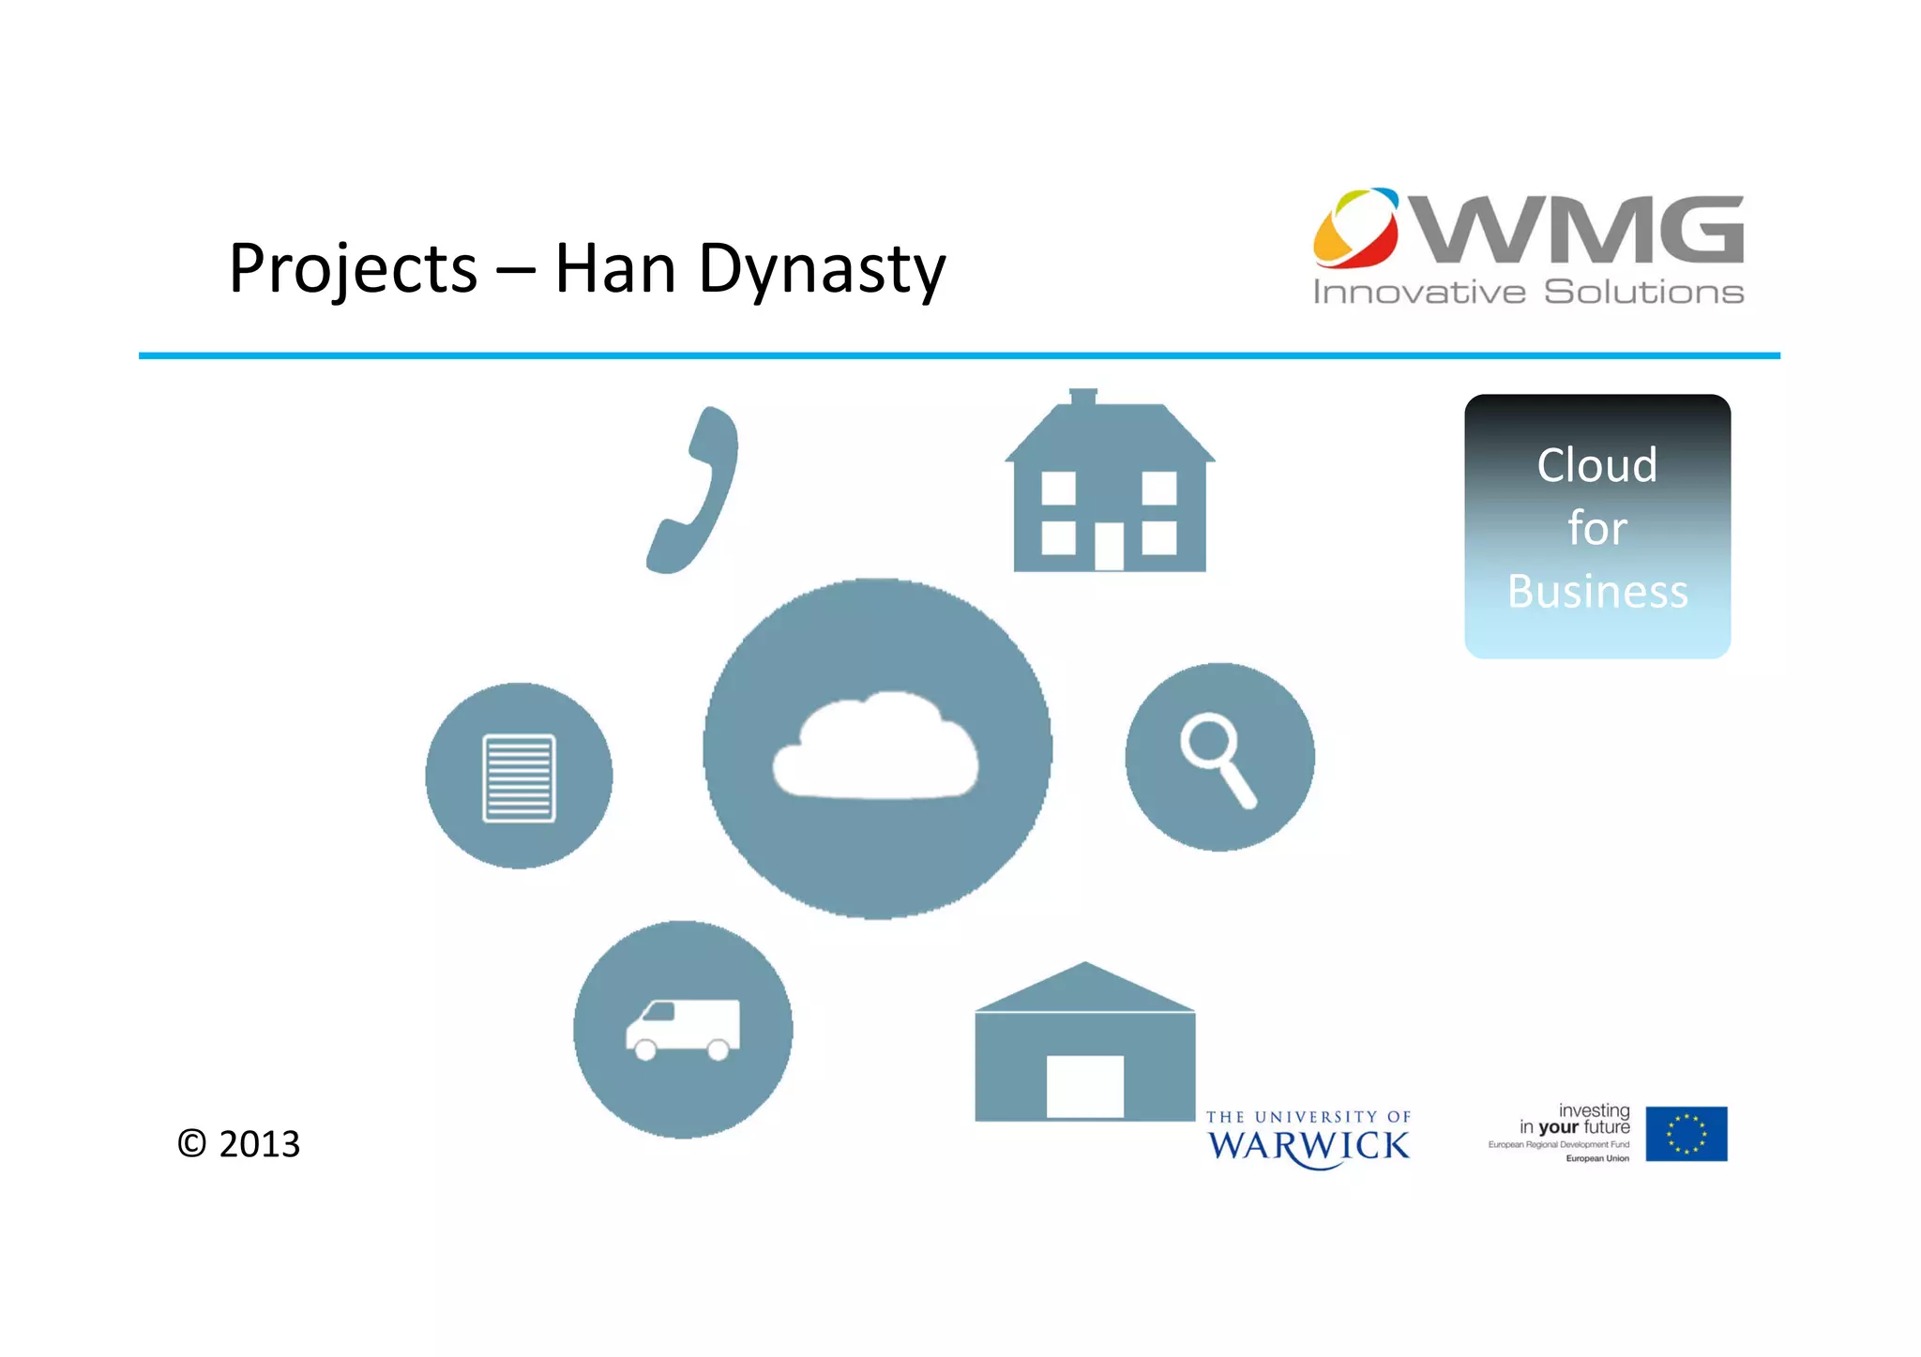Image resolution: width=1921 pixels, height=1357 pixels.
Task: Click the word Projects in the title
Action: [353, 269]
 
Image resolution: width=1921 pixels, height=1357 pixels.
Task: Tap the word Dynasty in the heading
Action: [822, 269]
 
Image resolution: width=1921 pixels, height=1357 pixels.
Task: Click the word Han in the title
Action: [614, 269]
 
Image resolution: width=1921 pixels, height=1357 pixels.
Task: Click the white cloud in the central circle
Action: [875, 747]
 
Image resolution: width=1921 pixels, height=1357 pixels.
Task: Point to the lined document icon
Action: [519, 777]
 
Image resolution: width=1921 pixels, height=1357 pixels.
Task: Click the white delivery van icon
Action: [683, 1028]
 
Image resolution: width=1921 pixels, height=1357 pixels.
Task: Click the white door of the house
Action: [1109, 546]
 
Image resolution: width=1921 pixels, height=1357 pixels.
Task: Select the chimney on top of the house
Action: [1082, 396]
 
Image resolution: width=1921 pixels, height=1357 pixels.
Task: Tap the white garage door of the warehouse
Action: [1084, 1086]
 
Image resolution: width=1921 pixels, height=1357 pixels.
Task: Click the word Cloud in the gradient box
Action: [1596, 465]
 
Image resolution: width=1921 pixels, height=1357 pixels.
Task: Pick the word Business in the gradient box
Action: [1597, 591]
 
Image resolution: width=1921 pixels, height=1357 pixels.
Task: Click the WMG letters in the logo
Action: [1580, 230]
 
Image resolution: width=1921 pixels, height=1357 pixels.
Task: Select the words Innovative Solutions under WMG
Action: [1527, 292]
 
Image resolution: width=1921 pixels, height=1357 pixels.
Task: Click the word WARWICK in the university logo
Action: [1308, 1146]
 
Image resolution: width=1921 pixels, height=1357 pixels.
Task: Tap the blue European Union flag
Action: [1686, 1134]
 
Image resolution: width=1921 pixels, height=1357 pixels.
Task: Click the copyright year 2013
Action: [259, 1144]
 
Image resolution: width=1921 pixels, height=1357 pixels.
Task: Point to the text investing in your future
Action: [1575, 1119]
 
